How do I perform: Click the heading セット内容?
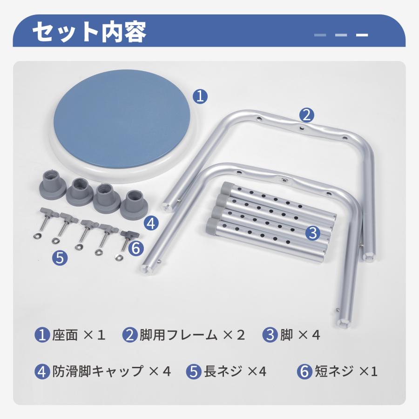89,32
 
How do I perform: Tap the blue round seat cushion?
122,119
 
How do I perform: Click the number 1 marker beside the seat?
200,96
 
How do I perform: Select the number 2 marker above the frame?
306,115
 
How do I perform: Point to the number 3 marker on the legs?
313,233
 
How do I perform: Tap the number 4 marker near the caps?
151,223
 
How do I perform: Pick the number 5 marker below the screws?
60,258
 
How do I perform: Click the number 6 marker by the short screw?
136,248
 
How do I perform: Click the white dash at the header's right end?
362,35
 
